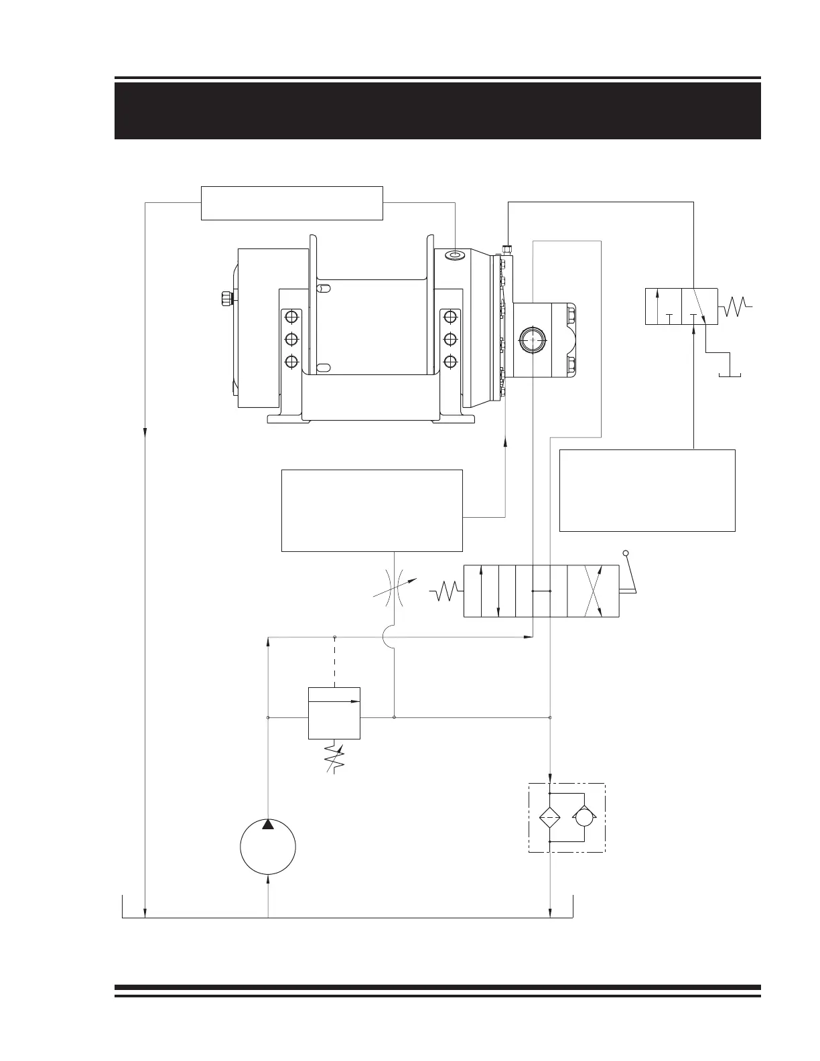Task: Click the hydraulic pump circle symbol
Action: click(x=268, y=847)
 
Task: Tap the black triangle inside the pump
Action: click(x=268, y=825)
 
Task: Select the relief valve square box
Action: click(x=334, y=713)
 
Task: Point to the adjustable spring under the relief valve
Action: click(x=334, y=757)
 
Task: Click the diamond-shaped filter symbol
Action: click(x=549, y=817)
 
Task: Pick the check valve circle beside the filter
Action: click(x=584, y=817)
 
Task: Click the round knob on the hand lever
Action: click(x=626, y=553)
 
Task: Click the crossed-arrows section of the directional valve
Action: click(x=593, y=591)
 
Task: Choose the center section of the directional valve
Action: click(x=541, y=591)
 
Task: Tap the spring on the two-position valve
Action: click(x=736, y=307)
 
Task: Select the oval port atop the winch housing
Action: click(x=456, y=255)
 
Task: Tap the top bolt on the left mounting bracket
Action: click(x=291, y=316)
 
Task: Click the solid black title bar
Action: click(x=437, y=111)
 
